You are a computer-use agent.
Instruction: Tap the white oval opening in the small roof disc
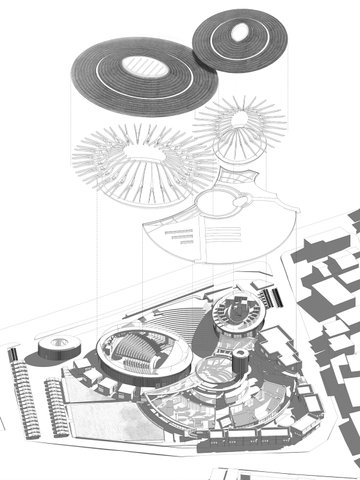(241, 34)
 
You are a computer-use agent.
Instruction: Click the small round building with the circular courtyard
(237, 311)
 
